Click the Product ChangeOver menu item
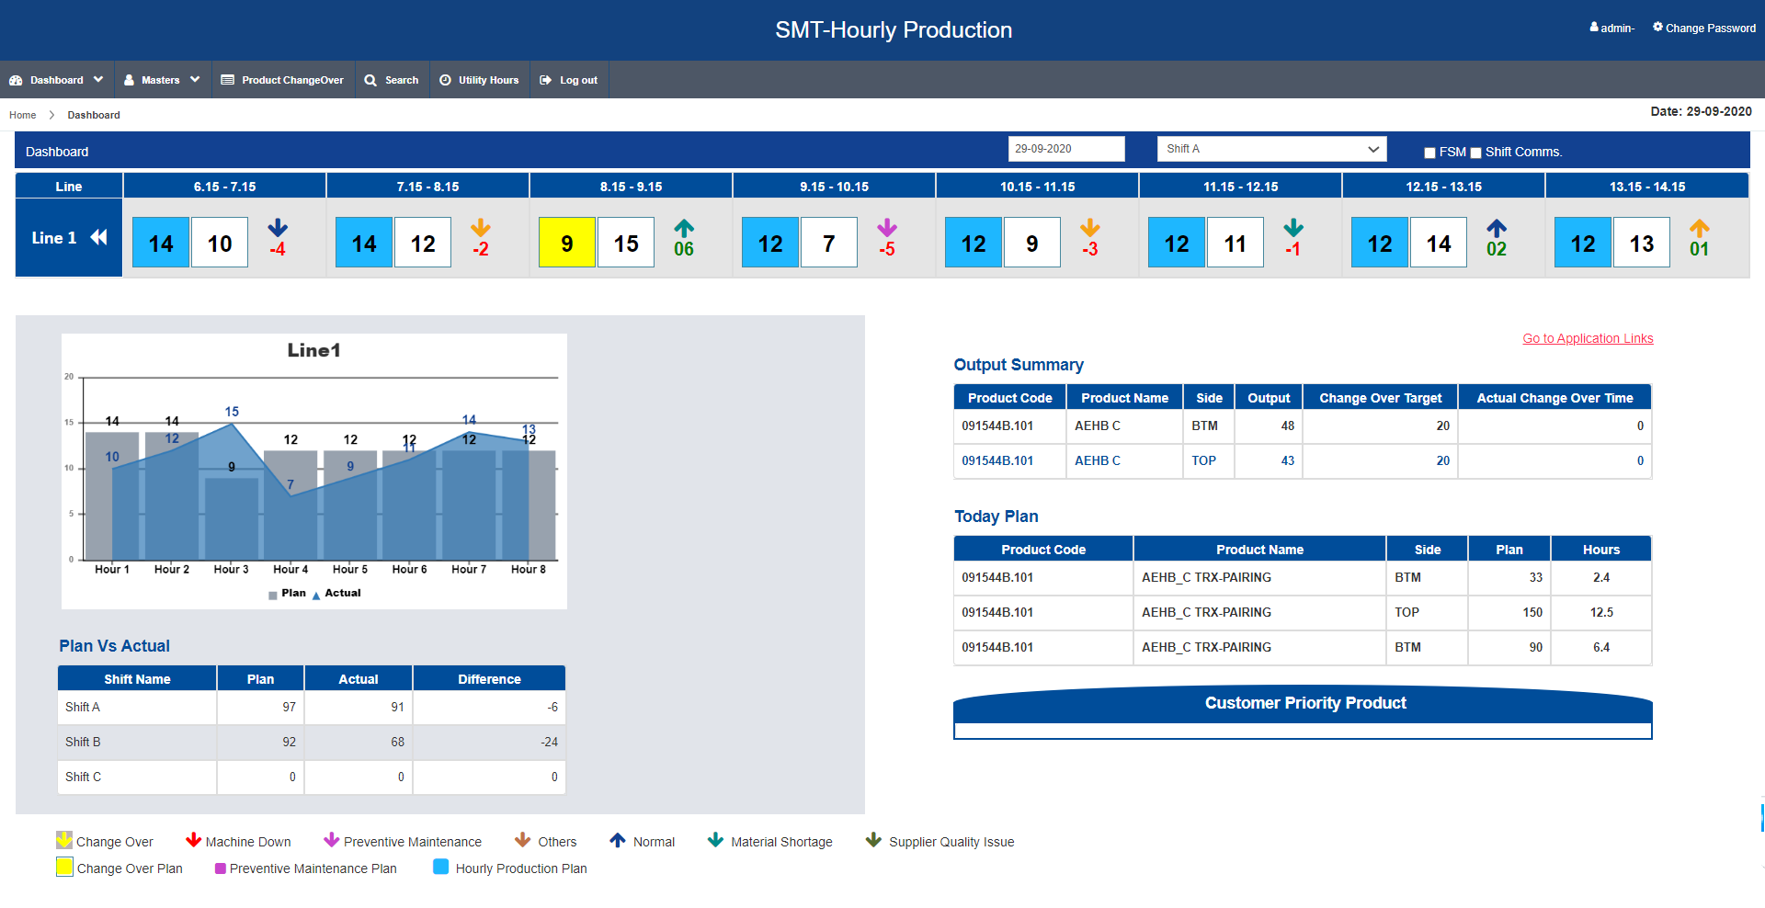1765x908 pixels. (x=282, y=80)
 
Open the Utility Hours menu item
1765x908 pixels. (x=479, y=80)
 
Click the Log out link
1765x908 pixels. (x=569, y=80)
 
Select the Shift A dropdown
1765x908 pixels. (x=1271, y=149)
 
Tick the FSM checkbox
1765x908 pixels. (x=1429, y=153)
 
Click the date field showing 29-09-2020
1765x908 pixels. (x=1066, y=149)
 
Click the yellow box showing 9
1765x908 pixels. (x=567, y=243)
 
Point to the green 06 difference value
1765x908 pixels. (x=684, y=249)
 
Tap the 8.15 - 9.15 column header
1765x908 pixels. (x=631, y=187)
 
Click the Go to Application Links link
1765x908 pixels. (x=1588, y=338)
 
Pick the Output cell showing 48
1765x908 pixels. (x=1287, y=426)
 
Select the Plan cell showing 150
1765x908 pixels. (x=1532, y=612)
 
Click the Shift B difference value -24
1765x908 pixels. (x=550, y=742)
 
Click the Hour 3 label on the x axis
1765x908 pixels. (x=232, y=570)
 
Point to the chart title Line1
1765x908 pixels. (x=314, y=350)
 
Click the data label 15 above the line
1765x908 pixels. (x=232, y=412)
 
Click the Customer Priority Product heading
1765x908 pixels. (x=1305, y=703)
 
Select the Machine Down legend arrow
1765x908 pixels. (x=193, y=840)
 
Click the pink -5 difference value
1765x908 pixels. (x=886, y=249)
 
